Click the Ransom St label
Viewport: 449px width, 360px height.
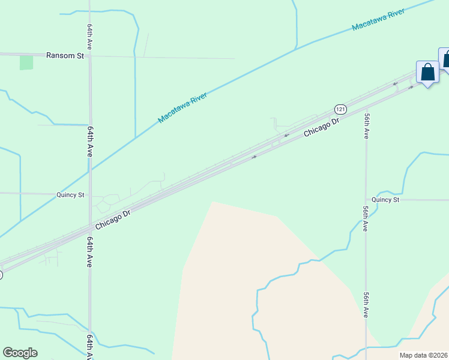[65, 55]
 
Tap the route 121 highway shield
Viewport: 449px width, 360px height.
[340, 109]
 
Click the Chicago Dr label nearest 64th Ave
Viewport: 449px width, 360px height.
[113, 220]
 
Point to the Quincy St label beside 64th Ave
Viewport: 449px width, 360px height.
[70, 195]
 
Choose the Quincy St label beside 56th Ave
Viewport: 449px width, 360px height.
[385, 200]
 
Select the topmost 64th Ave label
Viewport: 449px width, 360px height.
[89, 37]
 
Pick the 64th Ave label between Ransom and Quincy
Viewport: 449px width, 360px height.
[90, 142]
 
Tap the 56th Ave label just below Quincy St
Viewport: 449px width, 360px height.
[366, 218]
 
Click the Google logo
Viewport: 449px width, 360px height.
[20, 353]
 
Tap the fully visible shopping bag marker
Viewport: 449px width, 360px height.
[427, 73]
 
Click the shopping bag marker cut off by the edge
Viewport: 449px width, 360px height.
[445, 60]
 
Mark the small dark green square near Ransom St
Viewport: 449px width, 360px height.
[26, 62]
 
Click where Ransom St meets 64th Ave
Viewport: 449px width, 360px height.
[90, 56]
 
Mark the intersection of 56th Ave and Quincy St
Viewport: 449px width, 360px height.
[366, 200]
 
